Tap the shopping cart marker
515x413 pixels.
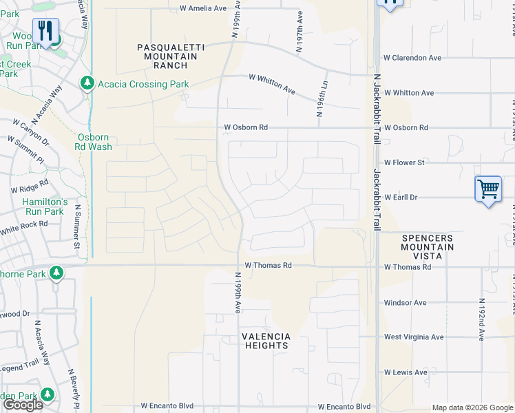487,188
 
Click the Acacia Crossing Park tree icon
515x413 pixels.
87,84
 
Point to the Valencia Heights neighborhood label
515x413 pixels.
265,341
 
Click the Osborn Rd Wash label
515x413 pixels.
94,142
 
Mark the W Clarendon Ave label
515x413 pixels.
412,58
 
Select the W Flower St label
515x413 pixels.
404,162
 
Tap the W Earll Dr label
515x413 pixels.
403,198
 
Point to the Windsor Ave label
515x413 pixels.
405,302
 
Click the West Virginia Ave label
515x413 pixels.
414,337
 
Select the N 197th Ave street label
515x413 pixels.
299,32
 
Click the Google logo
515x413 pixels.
23,405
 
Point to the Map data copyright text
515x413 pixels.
472,407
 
